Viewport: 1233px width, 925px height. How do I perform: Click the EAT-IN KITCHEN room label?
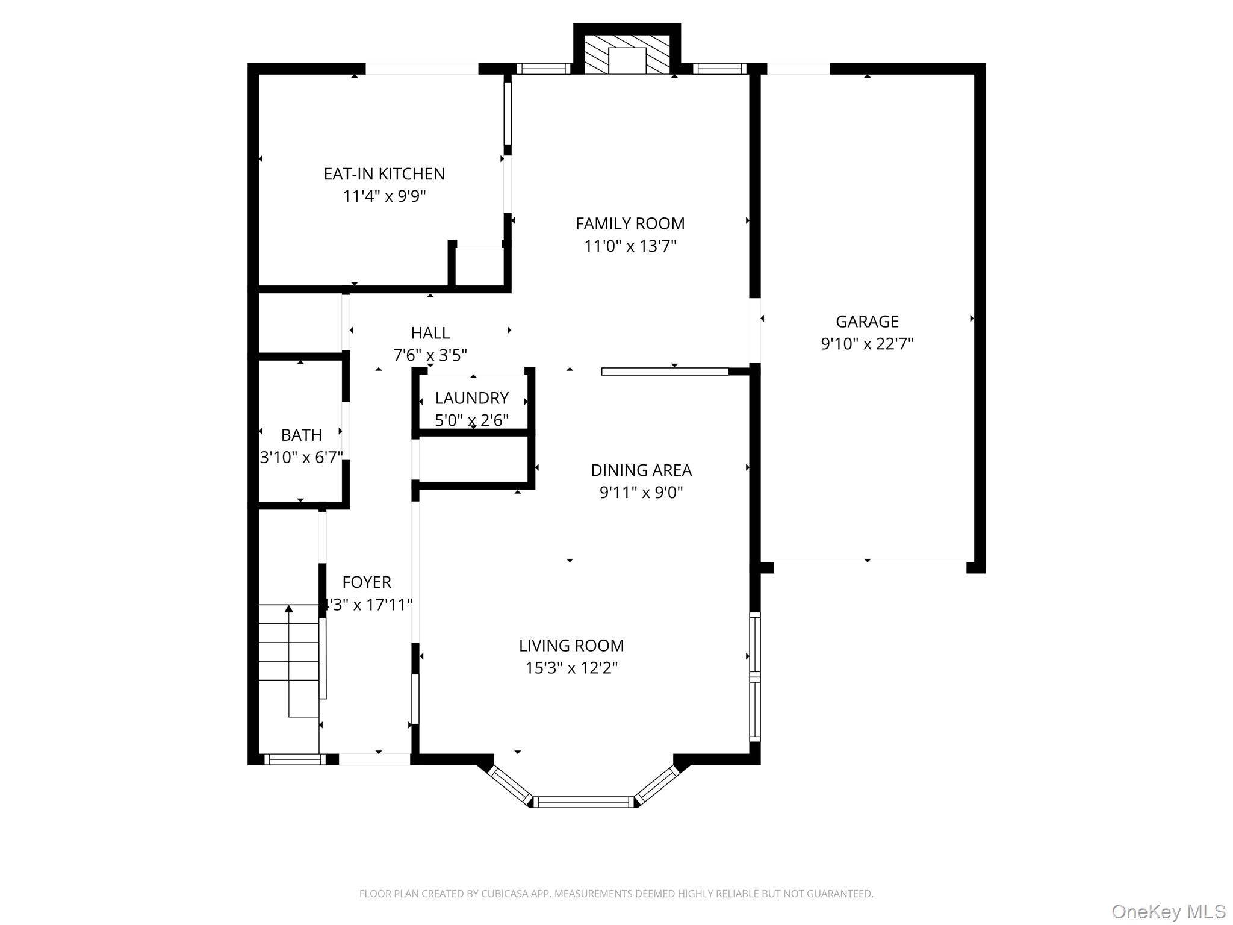pyautogui.click(x=384, y=174)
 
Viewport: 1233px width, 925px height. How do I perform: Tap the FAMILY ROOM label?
pyautogui.click(x=630, y=224)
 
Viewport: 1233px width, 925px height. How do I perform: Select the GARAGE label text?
pyautogui.click(x=867, y=322)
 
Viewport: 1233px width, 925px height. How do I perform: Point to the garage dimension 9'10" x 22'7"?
pyautogui.click(x=867, y=344)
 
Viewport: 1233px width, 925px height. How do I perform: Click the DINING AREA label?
pyautogui.click(x=641, y=470)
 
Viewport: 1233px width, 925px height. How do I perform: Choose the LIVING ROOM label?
pyautogui.click(x=571, y=646)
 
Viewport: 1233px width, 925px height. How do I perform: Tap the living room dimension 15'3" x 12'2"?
pyautogui.click(x=571, y=668)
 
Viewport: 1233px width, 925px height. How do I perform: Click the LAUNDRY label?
pyautogui.click(x=472, y=398)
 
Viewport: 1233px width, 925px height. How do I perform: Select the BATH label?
pyautogui.click(x=301, y=435)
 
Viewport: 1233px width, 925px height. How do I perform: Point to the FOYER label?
pyautogui.click(x=367, y=582)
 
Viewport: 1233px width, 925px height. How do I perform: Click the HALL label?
pyautogui.click(x=430, y=333)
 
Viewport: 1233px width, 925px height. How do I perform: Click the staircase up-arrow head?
pyautogui.click(x=289, y=609)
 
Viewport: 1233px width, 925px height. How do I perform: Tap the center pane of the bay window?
pyautogui.click(x=583, y=802)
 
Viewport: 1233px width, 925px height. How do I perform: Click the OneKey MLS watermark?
pyautogui.click(x=1169, y=911)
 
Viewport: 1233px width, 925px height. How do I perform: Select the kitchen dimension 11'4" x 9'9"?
pyautogui.click(x=384, y=196)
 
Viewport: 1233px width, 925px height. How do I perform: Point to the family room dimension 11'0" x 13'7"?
pyautogui.click(x=630, y=246)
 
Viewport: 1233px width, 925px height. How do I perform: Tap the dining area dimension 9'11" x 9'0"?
pyautogui.click(x=641, y=493)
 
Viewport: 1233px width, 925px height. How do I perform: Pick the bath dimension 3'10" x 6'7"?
pyautogui.click(x=301, y=457)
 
